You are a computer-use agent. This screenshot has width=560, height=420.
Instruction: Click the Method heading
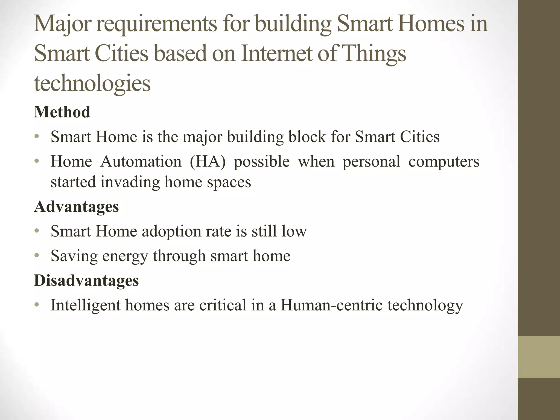pos(62,112)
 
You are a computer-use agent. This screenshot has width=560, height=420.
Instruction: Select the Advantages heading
pos(76,206)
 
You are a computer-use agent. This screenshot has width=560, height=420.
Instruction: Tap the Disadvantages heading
pos(86,281)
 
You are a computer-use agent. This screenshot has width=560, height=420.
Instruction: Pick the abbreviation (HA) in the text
pos(208,161)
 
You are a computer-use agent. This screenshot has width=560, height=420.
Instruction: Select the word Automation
pos(141,161)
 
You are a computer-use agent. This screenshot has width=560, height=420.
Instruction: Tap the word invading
pos(130,182)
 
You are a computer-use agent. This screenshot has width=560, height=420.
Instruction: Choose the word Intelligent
pos(86,305)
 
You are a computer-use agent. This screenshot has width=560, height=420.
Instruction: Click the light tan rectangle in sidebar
pos(539,357)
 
